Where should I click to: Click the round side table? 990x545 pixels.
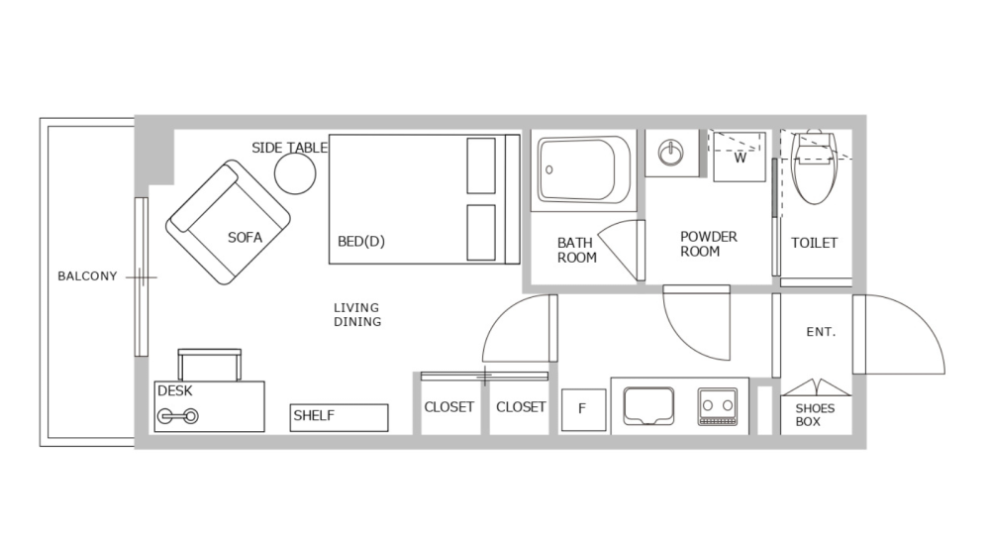click(x=295, y=173)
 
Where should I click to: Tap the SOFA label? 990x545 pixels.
click(x=245, y=238)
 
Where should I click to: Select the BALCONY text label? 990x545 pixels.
click(x=87, y=276)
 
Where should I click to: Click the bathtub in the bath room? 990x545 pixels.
click(x=585, y=170)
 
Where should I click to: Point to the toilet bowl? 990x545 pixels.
click(x=816, y=168)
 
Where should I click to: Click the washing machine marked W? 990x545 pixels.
click(x=740, y=157)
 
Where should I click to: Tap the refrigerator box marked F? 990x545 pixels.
click(x=583, y=409)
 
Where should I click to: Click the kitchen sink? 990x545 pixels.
click(x=648, y=406)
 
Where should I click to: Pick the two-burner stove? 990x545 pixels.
click(x=718, y=406)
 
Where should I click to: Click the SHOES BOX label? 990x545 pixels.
click(x=815, y=415)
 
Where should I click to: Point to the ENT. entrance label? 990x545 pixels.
click(x=821, y=333)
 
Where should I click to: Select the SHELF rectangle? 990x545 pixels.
click(x=339, y=417)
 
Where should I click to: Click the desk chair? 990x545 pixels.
click(x=209, y=364)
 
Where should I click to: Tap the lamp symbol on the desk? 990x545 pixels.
click(x=178, y=416)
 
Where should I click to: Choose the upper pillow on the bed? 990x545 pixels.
click(x=481, y=165)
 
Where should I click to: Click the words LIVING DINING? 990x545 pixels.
click(x=356, y=315)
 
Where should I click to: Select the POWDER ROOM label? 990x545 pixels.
click(x=709, y=244)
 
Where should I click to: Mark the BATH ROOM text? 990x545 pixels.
click(x=576, y=250)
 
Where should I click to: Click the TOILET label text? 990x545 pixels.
click(x=814, y=243)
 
